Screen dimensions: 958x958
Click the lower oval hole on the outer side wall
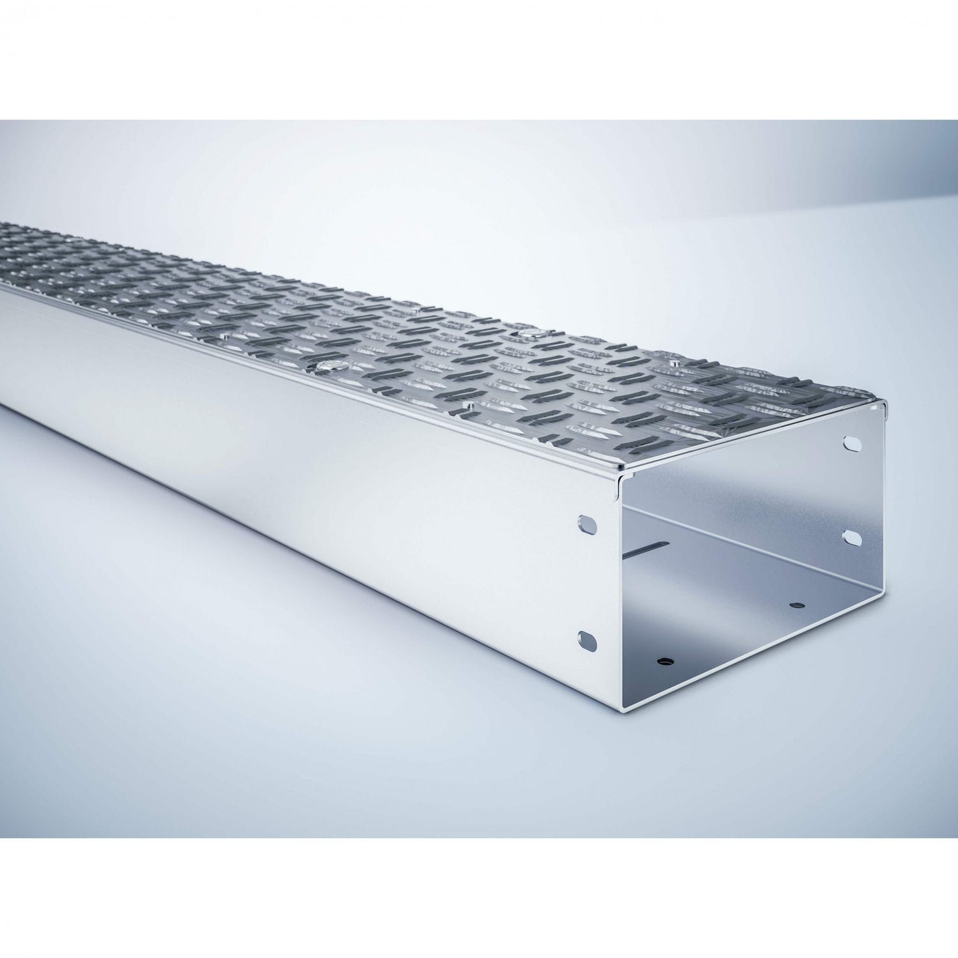pos(587,639)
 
